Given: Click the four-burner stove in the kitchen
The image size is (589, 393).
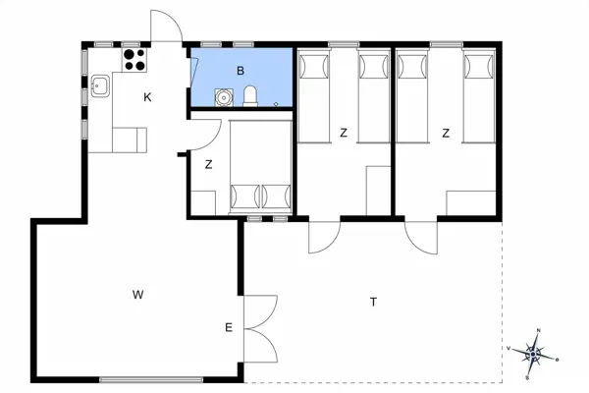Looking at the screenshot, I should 134,59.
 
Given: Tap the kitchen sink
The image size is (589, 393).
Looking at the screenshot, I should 100,85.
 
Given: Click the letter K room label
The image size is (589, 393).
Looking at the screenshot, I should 147,96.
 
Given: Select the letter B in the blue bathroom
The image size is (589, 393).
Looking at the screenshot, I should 240,71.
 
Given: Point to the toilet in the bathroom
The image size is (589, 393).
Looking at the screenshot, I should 250,95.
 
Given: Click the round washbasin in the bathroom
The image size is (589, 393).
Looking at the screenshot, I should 226,97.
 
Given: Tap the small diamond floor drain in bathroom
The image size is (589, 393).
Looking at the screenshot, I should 277,104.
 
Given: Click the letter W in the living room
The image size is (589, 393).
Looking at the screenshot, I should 138,294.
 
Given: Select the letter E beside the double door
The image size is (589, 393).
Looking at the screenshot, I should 228,327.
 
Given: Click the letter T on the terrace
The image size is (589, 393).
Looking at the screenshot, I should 373,302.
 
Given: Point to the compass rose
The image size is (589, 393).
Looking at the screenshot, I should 535,352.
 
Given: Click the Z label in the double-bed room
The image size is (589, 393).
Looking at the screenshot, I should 209,165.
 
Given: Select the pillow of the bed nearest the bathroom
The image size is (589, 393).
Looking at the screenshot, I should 313,66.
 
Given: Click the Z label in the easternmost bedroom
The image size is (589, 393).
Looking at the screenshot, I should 446,133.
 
